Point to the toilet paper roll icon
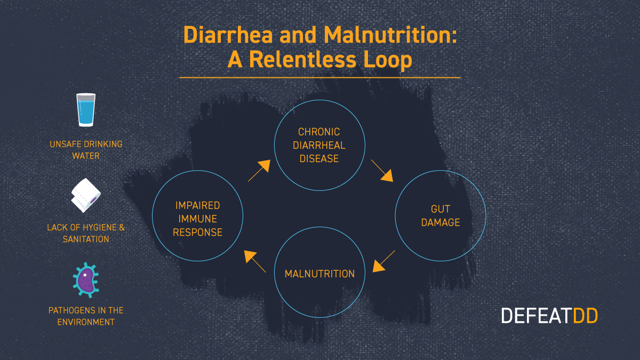[85, 195]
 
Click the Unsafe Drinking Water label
[86, 150]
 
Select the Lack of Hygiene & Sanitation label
[86, 233]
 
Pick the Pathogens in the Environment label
[86, 316]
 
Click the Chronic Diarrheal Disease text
[319, 145]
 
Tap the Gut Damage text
[441, 215]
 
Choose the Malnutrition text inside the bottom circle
[319, 274]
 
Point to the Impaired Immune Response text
[198, 219]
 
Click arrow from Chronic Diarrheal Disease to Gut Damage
[382, 170]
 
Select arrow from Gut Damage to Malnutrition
[384, 261]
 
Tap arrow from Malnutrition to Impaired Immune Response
[255, 261]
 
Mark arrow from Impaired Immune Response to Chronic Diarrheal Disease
[259, 171]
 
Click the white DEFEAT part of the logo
[536, 316]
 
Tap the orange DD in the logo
[585, 316]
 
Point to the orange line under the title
[319, 78]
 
